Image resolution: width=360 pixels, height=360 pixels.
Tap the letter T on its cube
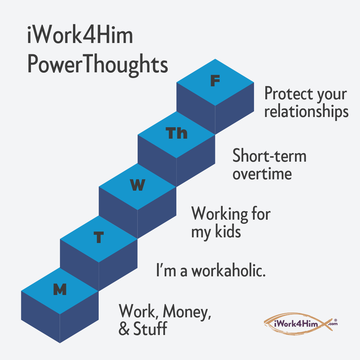click(98, 238)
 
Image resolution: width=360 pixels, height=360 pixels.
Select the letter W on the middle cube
click(137, 185)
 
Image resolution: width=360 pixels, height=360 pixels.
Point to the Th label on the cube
click(177, 133)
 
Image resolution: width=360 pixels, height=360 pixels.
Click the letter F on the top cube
click(215, 81)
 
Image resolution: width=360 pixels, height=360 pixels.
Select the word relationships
click(306, 112)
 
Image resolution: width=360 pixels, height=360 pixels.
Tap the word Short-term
click(269, 156)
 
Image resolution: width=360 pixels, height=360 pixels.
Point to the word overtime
click(262, 174)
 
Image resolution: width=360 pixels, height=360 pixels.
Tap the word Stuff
click(150, 329)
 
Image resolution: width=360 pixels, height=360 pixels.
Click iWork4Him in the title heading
click(80, 37)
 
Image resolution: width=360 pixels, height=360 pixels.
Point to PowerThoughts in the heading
click(97, 64)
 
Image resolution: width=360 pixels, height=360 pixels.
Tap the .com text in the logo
click(332, 324)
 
